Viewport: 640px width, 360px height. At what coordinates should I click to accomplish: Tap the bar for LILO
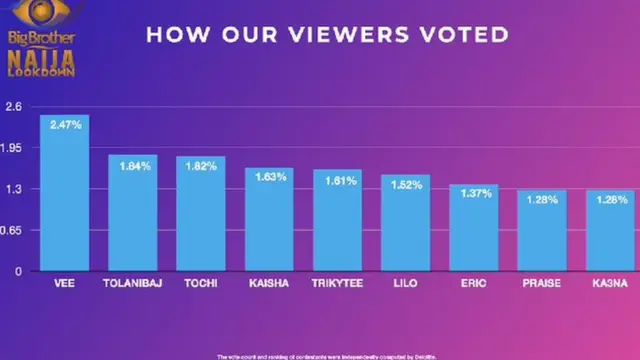click(406, 223)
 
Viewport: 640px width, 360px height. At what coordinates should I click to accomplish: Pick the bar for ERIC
click(474, 228)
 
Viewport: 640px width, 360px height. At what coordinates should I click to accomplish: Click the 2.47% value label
click(64, 125)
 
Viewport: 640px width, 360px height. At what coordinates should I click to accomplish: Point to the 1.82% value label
click(201, 166)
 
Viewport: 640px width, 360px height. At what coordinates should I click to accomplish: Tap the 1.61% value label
click(338, 180)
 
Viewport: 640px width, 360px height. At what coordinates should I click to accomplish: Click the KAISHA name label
click(270, 284)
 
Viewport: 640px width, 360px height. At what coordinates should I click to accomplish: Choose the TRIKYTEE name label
click(338, 284)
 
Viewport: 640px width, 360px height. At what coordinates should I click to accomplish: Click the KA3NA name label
click(610, 284)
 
